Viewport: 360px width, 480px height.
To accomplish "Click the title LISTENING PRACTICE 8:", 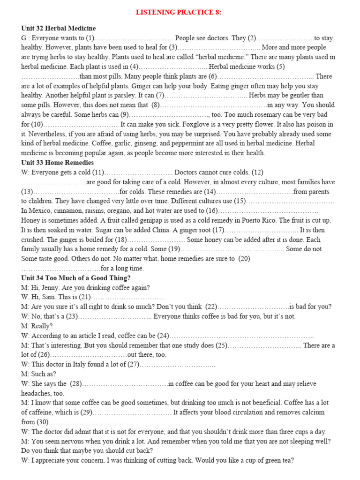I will pyautogui.click(x=179, y=12).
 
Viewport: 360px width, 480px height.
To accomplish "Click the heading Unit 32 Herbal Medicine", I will pyautogui.click(x=58, y=28).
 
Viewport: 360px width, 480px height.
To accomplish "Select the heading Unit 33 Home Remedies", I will pyautogui.click(x=57, y=163).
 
